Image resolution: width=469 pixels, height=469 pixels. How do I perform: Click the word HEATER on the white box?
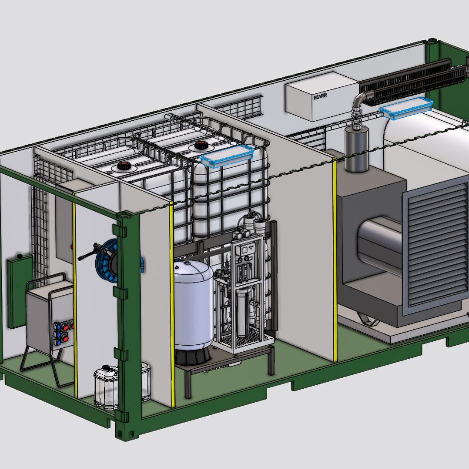[320, 97]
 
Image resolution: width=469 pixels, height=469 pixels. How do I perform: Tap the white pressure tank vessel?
[193, 304]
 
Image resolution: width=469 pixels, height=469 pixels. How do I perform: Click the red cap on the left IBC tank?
[123, 166]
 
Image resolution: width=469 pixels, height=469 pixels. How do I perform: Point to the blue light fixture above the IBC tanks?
[227, 156]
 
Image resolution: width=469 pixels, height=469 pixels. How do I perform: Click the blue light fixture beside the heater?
[406, 108]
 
